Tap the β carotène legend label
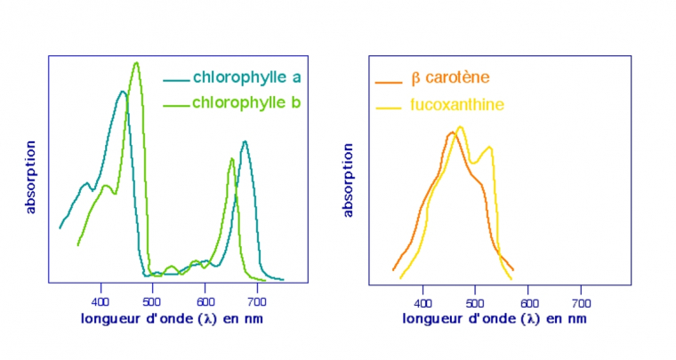click(450, 79)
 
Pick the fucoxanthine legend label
click(457, 105)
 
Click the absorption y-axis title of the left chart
click(31, 176)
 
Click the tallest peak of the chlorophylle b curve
click(136, 62)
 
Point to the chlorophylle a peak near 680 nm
click(245, 141)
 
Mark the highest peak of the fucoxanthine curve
click(460, 126)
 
